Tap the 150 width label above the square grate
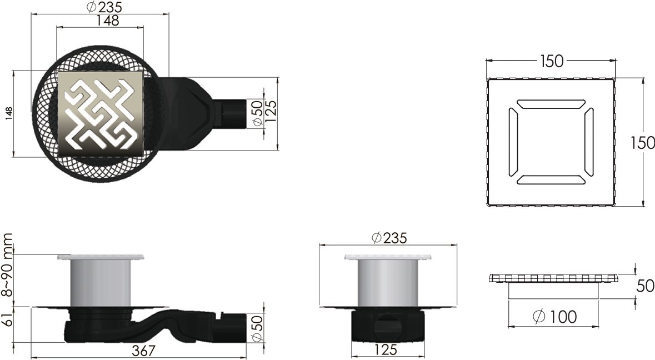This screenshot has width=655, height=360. pos(552,61)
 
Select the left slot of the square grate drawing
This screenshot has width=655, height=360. pos(512,142)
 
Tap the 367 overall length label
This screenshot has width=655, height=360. pos(142,351)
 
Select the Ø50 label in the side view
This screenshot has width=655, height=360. pos(257,327)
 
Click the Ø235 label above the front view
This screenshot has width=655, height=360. pos(388,238)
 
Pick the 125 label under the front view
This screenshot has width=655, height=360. pos(385,351)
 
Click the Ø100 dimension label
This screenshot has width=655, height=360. pos(554,317)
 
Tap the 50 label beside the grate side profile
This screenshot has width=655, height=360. pos(645,287)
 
